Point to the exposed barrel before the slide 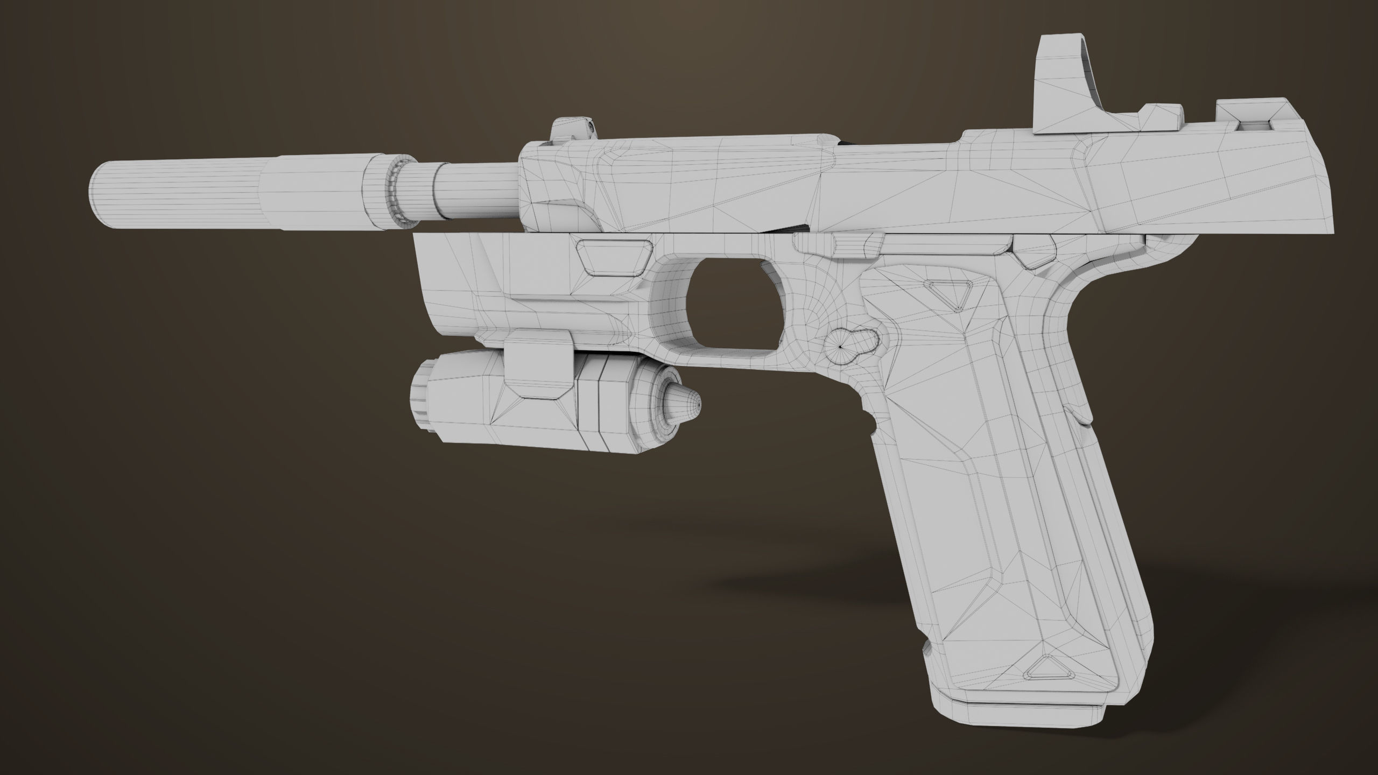pyautogui.click(x=474, y=191)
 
